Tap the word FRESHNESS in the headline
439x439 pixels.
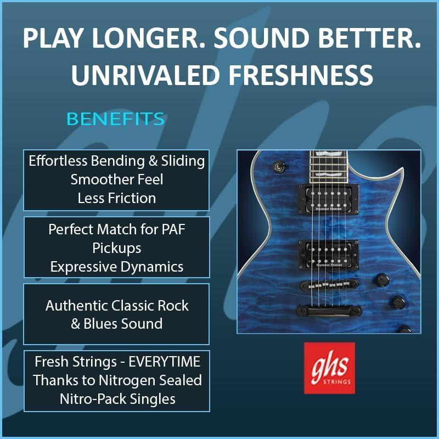[301, 75]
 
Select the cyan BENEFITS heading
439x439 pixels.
[115, 119]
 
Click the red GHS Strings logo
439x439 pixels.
[330, 368]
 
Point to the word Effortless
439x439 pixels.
[58, 161]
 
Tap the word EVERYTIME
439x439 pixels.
[164, 362]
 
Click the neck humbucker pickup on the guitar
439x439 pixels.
[328, 199]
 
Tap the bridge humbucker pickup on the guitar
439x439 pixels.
[328, 255]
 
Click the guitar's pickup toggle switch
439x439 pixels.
[279, 166]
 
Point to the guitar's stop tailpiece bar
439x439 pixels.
[329, 311]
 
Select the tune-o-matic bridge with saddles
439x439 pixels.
[329, 285]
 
